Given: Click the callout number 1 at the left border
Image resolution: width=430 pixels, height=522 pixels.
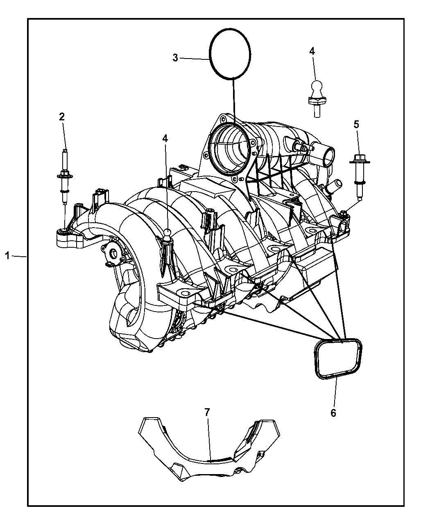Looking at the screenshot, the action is click(7, 256).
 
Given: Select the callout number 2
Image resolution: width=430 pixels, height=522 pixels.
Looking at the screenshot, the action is click(62, 117).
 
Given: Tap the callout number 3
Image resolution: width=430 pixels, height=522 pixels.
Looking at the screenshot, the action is click(175, 58).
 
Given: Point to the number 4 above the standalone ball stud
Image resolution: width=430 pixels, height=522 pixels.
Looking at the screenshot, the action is click(312, 51).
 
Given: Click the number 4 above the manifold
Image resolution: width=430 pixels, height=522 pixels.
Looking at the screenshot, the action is click(165, 138).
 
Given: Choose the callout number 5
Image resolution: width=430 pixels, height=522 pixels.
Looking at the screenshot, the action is click(356, 124).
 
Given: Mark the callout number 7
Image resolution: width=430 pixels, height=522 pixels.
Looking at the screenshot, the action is click(207, 412).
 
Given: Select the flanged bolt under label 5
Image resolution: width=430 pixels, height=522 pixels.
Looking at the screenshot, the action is click(360, 178).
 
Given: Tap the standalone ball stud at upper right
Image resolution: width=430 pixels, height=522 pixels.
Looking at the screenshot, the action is click(317, 99).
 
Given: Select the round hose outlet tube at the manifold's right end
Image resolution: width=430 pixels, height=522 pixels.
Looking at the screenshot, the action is click(325, 154).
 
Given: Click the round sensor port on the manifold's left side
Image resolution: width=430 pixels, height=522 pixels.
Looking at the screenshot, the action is click(113, 254).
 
